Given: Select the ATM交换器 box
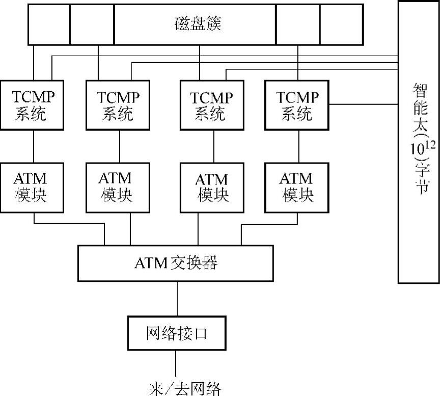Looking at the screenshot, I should (175, 263).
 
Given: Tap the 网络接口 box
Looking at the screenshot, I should (176, 333).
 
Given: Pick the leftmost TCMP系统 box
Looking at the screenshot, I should (32, 104).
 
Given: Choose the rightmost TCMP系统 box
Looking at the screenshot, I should (297, 104).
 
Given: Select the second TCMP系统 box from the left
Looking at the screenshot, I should (118, 104).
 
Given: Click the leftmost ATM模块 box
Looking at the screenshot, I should (32, 187).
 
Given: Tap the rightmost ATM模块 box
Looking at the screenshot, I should (297, 187).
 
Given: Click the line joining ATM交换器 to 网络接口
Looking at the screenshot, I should (177, 299).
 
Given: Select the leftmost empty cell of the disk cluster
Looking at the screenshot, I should (48, 24).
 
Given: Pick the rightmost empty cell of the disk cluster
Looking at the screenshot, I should (341, 24).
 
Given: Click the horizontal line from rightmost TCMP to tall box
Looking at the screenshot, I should (364, 104).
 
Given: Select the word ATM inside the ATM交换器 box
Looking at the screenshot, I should (151, 263).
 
